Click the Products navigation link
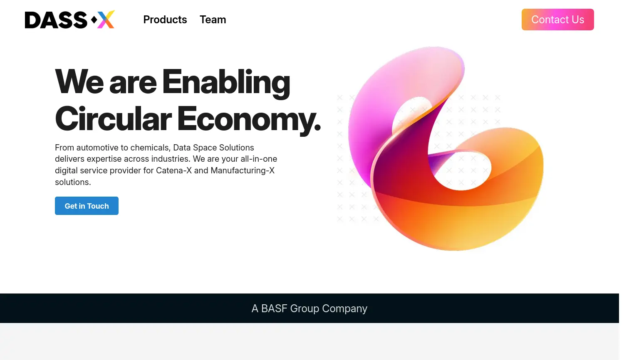point(165,20)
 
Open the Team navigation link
point(213,20)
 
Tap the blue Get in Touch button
point(87,206)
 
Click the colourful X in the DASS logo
point(106,20)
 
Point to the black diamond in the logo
point(94,20)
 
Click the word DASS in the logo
point(56,20)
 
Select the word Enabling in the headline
point(226,82)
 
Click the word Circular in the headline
point(113,119)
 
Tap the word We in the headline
point(79,82)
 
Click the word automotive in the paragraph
point(97,148)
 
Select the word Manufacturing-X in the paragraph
point(243,170)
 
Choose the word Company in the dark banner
point(344,308)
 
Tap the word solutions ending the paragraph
point(72,182)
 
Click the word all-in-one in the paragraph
point(259,159)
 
